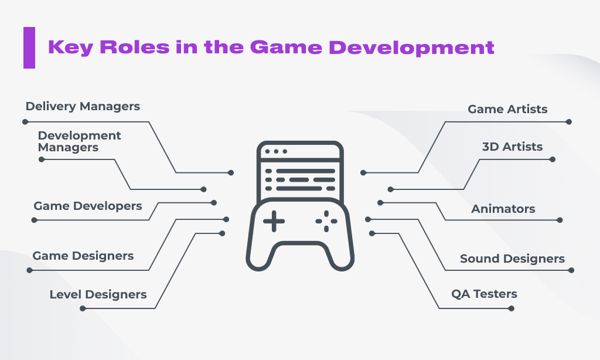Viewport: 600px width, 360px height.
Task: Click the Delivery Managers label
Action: [x=83, y=107]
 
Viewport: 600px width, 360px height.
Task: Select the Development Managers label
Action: [x=79, y=141]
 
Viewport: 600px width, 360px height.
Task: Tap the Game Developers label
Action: [x=88, y=206]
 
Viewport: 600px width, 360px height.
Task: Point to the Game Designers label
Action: [x=83, y=256]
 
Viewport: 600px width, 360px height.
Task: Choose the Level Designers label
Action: [x=98, y=294]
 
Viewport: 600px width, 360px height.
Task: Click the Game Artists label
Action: [x=507, y=109]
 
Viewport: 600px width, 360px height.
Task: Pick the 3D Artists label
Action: [x=512, y=147]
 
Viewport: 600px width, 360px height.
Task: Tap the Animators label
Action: [x=503, y=209]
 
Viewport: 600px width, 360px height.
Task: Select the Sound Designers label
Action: [x=512, y=259]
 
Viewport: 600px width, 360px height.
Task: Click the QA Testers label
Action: [x=484, y=294]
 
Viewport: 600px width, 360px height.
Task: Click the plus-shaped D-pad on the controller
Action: [x=274, y=221]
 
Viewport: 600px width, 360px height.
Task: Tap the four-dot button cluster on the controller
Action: [x=326, y=221]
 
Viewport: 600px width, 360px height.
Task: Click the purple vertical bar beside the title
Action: [x=29, y=48]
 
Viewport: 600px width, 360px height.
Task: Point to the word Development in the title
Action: [x=411, y=48]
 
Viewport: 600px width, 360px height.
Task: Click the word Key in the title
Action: [x=71, y=48]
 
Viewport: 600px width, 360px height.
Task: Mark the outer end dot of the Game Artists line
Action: [x=568, y=122]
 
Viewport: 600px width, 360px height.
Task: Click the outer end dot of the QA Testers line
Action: [x=511, y=308]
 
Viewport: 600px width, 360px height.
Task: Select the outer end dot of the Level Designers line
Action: [x=83, y=308]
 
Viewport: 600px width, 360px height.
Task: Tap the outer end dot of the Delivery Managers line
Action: [x=25, y=122]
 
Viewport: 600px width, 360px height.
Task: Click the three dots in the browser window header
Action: [x=276, y=151]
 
